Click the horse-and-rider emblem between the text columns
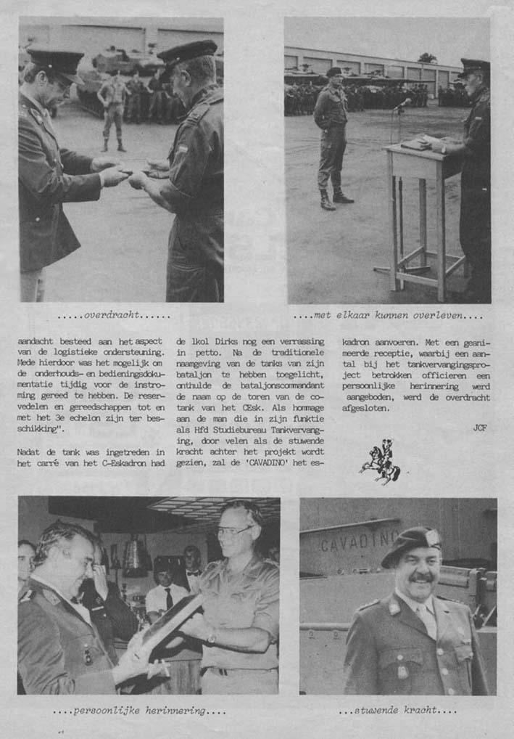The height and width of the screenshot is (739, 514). coord(381,462)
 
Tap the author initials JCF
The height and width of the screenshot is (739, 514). coord(479,428)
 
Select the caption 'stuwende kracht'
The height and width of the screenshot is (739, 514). coord(397,709)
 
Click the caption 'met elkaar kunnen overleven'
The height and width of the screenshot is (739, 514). coord(388,316)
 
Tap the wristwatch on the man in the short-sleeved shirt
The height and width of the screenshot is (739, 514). coord(212,638)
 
